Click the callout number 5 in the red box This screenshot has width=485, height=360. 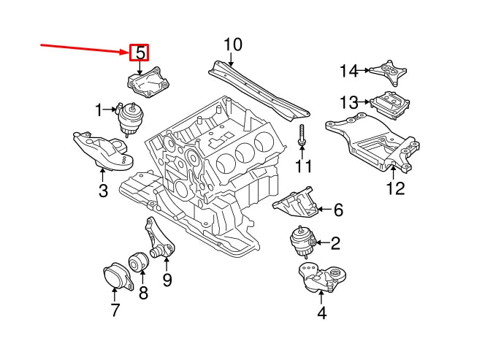coord(139,53)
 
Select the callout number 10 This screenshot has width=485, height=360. coord(232,45)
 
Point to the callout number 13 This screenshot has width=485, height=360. coord(349,102)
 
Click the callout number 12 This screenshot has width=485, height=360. coord(395,189)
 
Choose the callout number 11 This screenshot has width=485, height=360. coord(302,167)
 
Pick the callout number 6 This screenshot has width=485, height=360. coord(338,210)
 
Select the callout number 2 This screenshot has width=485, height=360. coord(335,243)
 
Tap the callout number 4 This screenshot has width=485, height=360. coord(321,315)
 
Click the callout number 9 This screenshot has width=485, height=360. coord(167,279)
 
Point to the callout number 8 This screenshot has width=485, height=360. coord(142,294)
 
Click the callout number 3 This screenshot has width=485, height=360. coord(102,191)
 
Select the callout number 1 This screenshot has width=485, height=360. coord(99,110)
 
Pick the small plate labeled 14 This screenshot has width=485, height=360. coord(387,71)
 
